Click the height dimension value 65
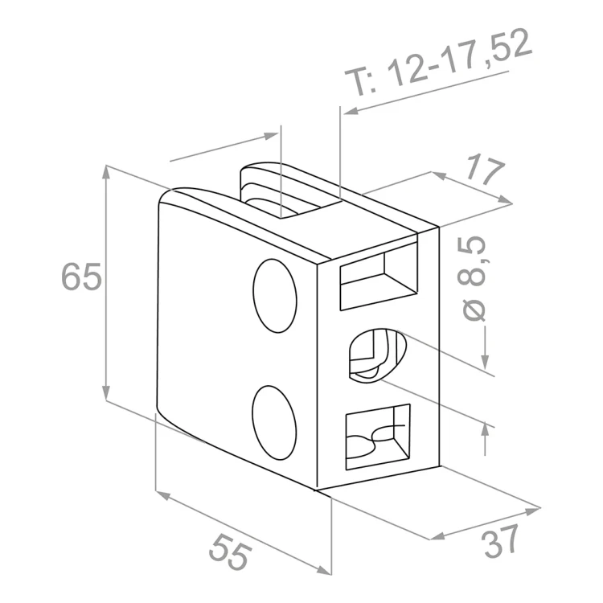81,276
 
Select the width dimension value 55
230,551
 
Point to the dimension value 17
484,170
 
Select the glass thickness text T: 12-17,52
438,62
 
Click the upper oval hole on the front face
275,296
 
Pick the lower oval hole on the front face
274,423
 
